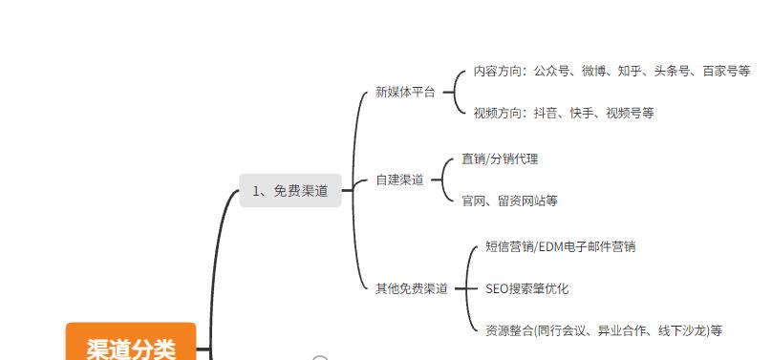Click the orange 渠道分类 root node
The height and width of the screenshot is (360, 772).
click(x=131, y=346)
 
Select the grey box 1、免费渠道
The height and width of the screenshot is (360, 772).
click(x=289, y=191)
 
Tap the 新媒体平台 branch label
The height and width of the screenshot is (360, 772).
click(x=404, y=93)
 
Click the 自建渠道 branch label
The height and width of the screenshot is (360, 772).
click(x=399, y=180)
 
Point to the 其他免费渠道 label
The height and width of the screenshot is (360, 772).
click(x=411, y=288)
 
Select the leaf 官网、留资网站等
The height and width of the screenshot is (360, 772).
click(x=509, y=201)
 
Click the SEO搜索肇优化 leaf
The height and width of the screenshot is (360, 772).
click(x=526, y=288)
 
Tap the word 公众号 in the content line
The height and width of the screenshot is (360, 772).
click(x=552, y=71)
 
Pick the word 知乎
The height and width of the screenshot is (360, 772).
click(x=629, y=71)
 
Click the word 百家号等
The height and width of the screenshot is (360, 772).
click(x=726, y=71)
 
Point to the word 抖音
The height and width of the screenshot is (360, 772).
click(x=546, y=113)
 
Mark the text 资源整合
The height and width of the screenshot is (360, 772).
click(x=508, y=330)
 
